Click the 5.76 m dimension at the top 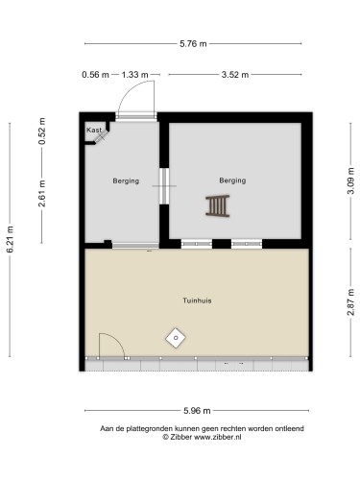click(x=195, y=43)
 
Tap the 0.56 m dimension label click(x=93, y=74)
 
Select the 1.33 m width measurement click(x=135, y=74)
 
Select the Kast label click(x=93, y=130)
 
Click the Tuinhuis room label click(x=197, y=300)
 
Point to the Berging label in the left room click(x=126, y=180)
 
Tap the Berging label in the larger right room click(x=231, y=180)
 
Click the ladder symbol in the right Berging click(x=218, y=205)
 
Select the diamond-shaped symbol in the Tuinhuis click(x=176, y=337)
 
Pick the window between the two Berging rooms click(x=162, y=184)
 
